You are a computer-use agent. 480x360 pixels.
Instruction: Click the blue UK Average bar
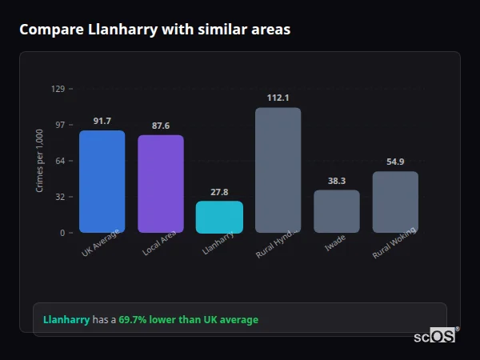tap(102, 182)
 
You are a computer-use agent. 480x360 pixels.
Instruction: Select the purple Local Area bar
tap(161, 184)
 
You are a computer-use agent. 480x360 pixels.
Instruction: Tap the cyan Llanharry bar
tap(219, 217)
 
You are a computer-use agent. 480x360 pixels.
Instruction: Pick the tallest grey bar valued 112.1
tap(278, 170)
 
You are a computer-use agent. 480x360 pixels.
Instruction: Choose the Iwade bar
tap(337, 211)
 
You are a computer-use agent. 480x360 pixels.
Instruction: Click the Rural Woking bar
tap(395, 202)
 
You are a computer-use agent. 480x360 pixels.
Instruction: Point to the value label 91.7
tap(102, 122)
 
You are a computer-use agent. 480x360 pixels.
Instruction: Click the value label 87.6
tap(161, 126)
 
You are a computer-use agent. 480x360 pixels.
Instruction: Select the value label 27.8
tap(219, 193)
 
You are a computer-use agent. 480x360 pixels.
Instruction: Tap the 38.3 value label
tap(337, 182)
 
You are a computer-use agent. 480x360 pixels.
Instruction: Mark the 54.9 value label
tap(395, 162)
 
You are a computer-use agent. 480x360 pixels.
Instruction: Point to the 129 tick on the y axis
tap(58, 89)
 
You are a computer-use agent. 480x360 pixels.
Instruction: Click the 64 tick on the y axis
tap(60, 161)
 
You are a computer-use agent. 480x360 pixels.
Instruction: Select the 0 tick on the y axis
tap(62, 233)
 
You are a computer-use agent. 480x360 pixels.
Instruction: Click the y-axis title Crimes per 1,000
tap(39, 161)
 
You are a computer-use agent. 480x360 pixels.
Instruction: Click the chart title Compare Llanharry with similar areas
tap(154, 30)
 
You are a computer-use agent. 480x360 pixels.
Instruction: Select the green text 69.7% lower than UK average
tap(189, 320)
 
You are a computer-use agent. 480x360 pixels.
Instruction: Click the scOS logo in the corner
tap(435, 337)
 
